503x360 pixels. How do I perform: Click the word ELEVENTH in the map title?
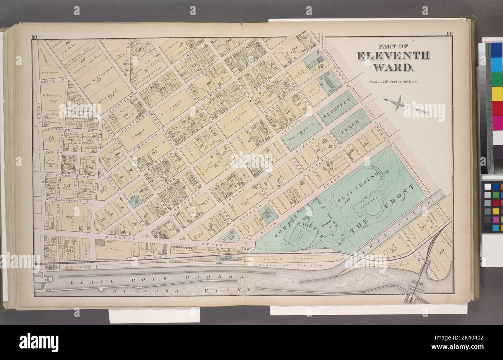393,56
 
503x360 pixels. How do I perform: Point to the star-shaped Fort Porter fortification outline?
300,234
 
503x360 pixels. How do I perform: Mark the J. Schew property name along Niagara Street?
113,250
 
